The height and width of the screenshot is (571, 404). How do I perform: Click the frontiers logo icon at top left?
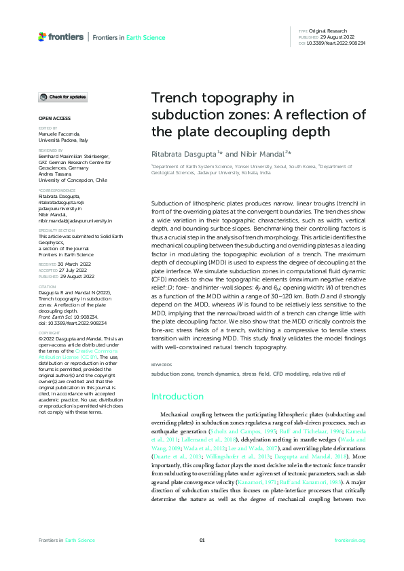(x=43, y=36)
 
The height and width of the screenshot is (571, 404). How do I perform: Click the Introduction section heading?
(x=177, y=396)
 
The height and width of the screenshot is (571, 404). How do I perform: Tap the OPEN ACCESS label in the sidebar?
(x=50, y=118)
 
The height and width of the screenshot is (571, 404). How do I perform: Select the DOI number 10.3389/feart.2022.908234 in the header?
(x=337, y=43)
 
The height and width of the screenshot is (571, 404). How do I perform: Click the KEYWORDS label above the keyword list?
(x=162, y=365)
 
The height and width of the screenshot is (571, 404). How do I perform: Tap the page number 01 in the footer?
(x=202, y=540)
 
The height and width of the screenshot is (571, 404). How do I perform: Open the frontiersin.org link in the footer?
(x=350, y=540)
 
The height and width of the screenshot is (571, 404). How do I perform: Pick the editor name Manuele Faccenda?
(x=60, y=134)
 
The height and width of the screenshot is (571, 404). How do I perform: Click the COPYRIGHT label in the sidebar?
(x=50, y=333)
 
